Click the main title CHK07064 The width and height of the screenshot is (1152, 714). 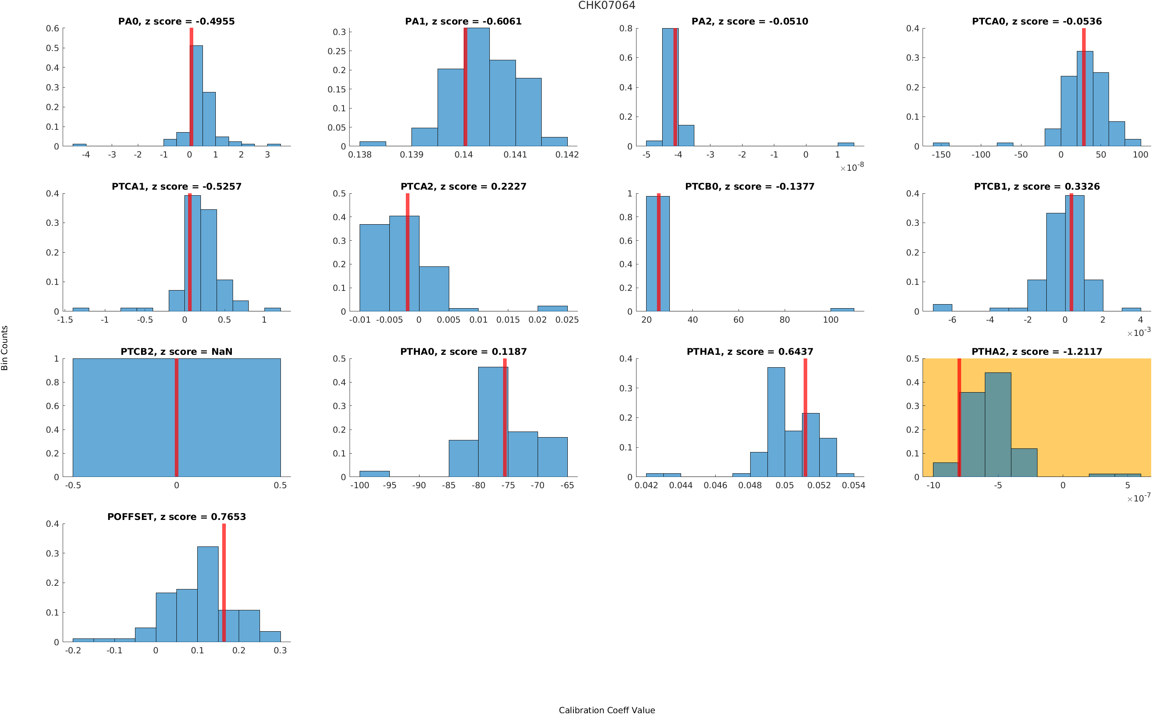click(606, 5)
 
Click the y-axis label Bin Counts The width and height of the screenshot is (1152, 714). click(5, 348)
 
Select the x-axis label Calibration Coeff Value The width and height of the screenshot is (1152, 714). click(606, 709)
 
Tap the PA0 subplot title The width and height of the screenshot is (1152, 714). click(176, 21)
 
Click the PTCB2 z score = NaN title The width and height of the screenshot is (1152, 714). click(176, 351)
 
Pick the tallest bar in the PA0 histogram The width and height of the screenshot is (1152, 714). click(196, 94)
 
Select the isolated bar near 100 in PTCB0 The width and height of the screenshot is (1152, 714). click(842, 309)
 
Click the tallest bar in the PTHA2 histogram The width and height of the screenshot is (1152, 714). click(998, 425)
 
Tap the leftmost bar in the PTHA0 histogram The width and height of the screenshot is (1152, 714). click(374, 474)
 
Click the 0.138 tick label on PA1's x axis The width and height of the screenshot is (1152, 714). click(359, 155)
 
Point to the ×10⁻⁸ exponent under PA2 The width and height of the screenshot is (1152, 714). click(852, 167)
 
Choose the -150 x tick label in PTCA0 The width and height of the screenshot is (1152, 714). click(941, 155)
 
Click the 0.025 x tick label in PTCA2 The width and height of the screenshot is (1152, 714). click(567, 320)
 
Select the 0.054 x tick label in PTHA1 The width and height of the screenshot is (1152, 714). click(853, 485)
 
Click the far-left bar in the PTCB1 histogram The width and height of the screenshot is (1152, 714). click(942, 307)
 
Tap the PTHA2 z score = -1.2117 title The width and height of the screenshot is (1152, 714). click(1036, 351)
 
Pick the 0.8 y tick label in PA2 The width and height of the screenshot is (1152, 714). click(626, 29)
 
